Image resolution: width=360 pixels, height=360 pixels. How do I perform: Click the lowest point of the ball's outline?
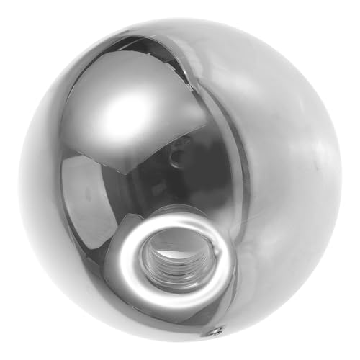click(180, 342)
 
